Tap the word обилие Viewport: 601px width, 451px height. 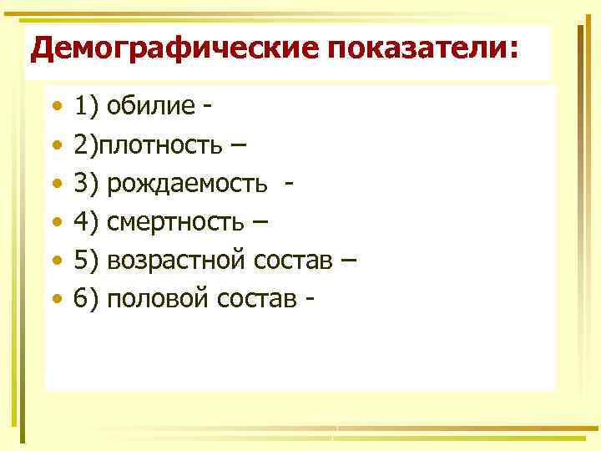pos(149,107)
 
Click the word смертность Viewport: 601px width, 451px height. pos(179,222)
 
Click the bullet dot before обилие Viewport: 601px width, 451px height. pos(55,108)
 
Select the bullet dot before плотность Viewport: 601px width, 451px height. pos(55,146)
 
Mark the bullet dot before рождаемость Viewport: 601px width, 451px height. pos(55,185)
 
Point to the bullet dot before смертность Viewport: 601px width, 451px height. pos(55,222)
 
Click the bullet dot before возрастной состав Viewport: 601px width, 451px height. pos(55,261)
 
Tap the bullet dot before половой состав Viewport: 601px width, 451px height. pos(55,298)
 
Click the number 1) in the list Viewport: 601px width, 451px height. pos(87,107)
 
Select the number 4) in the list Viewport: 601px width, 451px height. pos(87,222)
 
